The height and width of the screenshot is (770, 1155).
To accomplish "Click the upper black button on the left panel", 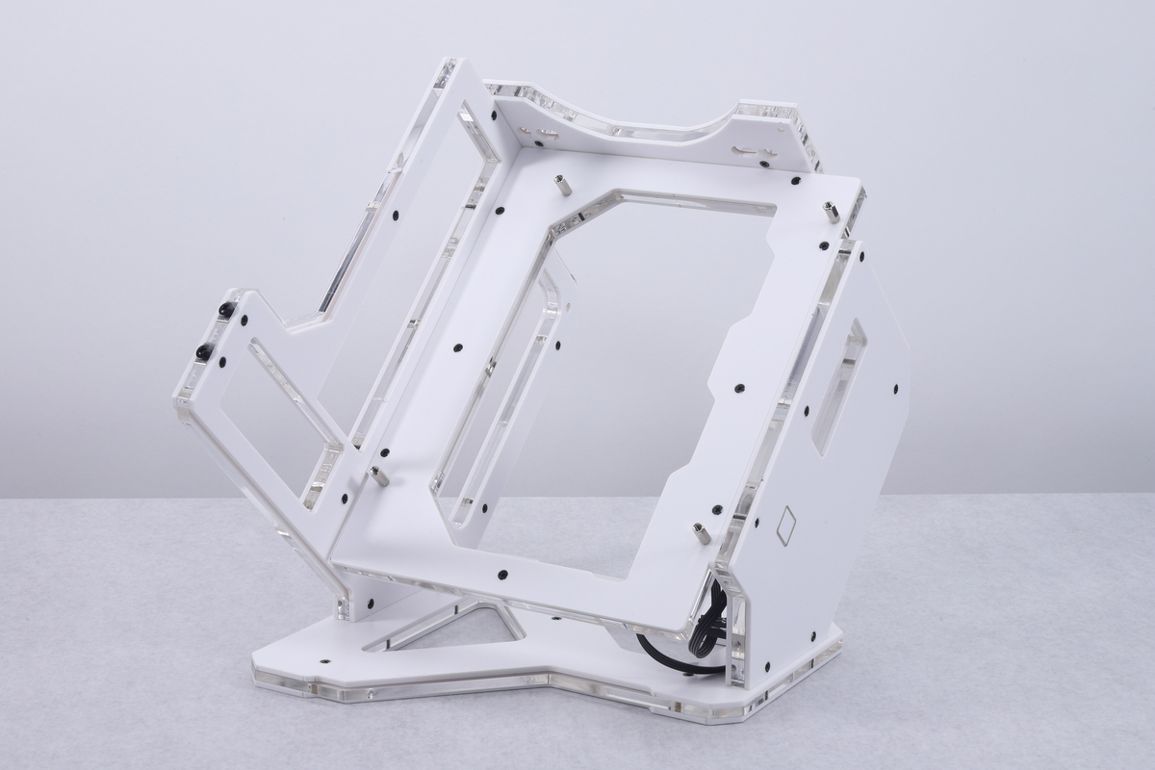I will click(x=226, y=309).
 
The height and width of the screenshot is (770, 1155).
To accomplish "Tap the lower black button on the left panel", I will click(x=203, y=352).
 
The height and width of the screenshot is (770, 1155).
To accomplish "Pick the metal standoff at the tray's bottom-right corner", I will click(x=702, y=532).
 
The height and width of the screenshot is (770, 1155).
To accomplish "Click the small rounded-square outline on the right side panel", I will click(x=785, y=526).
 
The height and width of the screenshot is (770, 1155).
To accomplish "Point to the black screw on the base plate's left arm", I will click(x=323, y=662).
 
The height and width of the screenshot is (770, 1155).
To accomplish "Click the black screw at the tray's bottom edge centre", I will click(x=503, y=575).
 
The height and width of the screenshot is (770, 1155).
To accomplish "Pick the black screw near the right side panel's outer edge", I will click(x=895, y=390).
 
